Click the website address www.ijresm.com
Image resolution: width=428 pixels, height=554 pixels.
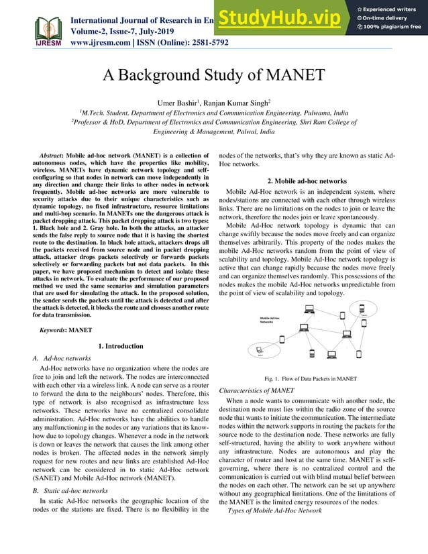105,42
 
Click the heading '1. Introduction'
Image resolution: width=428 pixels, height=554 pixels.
121,346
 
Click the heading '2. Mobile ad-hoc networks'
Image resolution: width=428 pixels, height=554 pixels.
307,181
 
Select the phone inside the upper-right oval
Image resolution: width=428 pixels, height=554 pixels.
362,313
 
